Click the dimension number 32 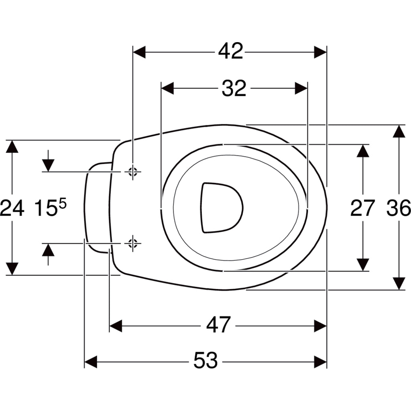234,88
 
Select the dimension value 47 219,325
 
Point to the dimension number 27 362,208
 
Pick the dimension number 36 399,208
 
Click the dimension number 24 12,208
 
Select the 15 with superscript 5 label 50,208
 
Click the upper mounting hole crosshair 133,172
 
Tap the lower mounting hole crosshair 133,244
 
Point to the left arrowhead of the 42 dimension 139,53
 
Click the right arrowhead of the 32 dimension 301,88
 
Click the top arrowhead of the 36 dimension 399,131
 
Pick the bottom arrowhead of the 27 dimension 363,265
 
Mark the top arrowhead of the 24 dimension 12,146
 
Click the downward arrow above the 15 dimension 48,161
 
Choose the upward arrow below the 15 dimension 48,254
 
